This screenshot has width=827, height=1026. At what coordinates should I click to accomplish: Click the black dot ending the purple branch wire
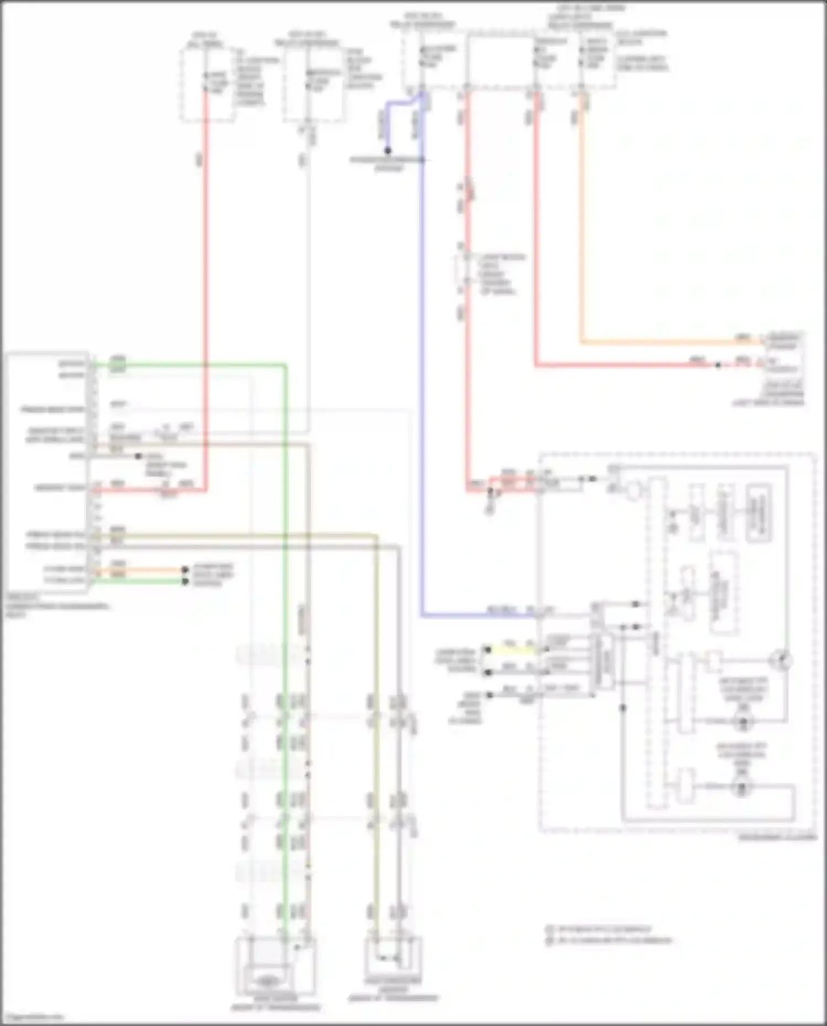(388, 151)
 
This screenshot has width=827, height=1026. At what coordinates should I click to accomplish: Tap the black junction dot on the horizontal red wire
(718, 365)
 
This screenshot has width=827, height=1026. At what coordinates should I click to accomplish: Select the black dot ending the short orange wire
(185, 570)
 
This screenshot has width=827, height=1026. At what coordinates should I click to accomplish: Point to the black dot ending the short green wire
(185, 581)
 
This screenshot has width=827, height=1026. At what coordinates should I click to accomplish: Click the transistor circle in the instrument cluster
(783, 660)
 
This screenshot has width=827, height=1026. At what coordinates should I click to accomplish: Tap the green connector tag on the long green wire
(117, 364)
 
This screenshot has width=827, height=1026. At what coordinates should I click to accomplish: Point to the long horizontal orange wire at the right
(662, 342)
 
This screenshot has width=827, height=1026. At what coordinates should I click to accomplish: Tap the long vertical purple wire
(422, 386)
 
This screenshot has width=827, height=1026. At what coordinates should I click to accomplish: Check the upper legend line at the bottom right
(601, 930)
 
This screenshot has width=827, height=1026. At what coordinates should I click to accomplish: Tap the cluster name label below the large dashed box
(777, 837)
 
